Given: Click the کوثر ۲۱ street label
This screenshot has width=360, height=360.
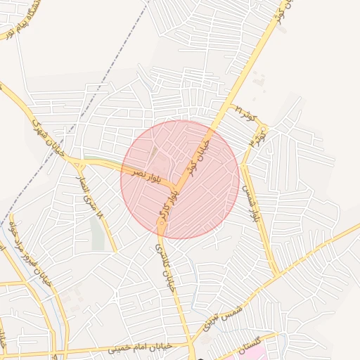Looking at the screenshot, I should tap(247, 111).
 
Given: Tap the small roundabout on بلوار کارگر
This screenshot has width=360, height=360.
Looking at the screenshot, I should tap(162, 222).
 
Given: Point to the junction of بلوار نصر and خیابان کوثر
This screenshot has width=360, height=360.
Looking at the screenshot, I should tap(176, 186).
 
